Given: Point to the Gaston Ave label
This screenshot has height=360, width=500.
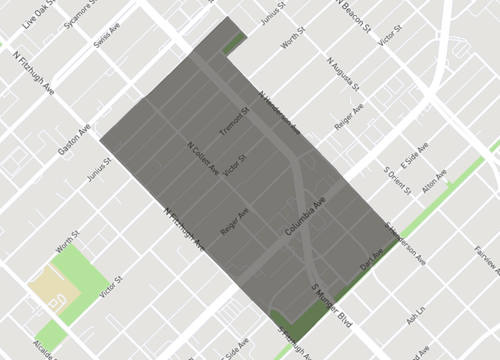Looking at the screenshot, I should click(x=74, y=137).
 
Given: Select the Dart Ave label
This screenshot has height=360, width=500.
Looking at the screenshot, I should click(x=371, y=259).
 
